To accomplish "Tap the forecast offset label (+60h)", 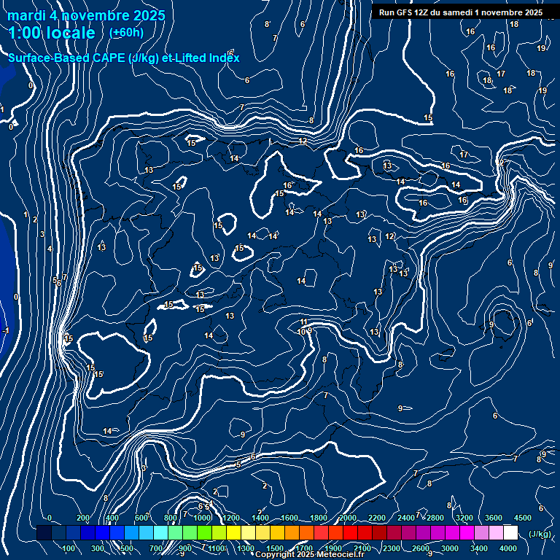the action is click(126, 32).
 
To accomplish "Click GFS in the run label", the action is click(405, 12).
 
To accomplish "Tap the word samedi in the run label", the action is click(459, 12).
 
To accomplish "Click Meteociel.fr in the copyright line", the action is click(338, 555).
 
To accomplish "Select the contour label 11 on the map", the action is click(304, 322).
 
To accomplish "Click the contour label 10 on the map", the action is click(301, 332).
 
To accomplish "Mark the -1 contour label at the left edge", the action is click(6, 330).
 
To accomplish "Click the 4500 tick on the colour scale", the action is click(522, 518).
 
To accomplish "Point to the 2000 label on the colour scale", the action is click(348, 518).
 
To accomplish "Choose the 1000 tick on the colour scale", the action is click(203, 518).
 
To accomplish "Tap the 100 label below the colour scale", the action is click(69, 548).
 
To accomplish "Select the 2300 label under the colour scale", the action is click(391, 548).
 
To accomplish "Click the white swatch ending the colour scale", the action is click(510, 534).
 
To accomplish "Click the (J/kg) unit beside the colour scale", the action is click(539, 534).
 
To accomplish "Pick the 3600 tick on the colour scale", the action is click(493, 518).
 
